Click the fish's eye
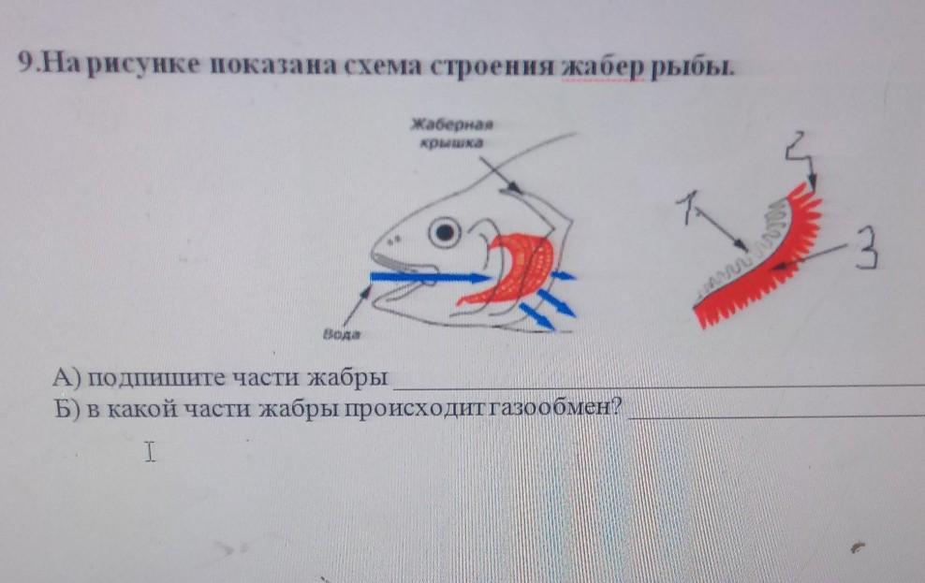pos(444,232)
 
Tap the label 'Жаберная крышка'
pos(452,133)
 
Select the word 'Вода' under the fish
pos(341,334)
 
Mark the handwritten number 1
pos(689,207)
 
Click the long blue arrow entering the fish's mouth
pos(430,276)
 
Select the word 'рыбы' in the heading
pos(693,66)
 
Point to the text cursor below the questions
pos(151,452)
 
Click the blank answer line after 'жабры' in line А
pos(658,386)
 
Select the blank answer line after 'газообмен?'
pos(776,416)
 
